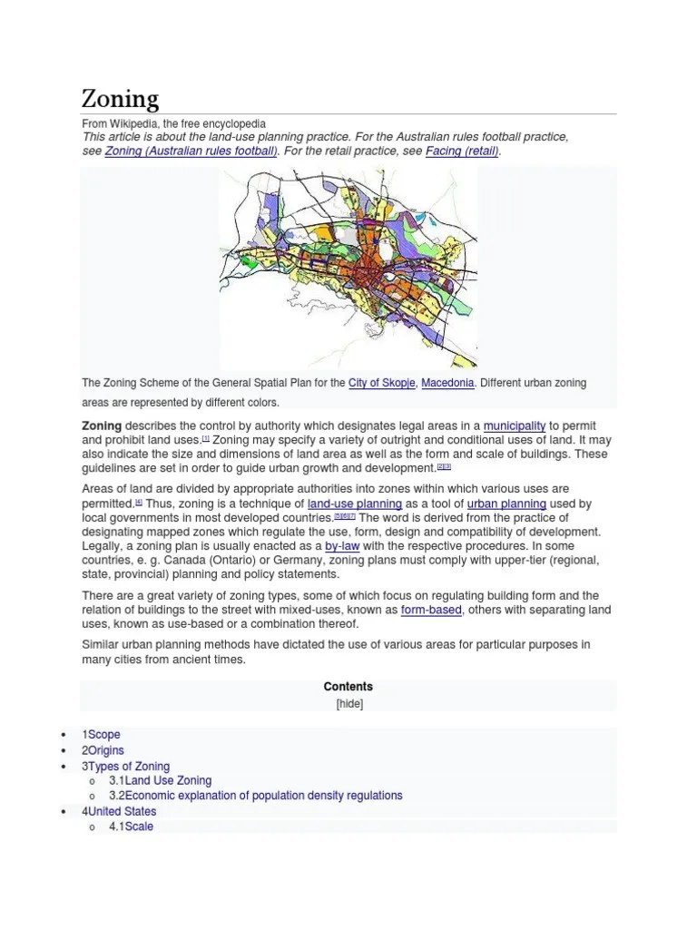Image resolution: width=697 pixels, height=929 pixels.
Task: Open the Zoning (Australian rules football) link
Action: [x=191, y=151]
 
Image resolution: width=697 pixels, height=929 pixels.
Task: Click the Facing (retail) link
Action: [x=462, y=151]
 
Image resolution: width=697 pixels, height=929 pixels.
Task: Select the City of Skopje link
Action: [x=381, y=383]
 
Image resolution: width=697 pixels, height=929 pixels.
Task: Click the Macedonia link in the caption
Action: [x=447, y=383]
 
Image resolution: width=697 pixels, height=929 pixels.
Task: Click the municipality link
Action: [x=515, y=425]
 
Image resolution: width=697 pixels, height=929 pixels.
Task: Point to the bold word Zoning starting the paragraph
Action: [x=102, y=425]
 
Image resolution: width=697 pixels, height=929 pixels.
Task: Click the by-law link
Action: [x=343, y=546]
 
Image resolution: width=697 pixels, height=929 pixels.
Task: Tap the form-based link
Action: [x=431, y=610]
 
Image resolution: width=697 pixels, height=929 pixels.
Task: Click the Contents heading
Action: [x=348, y=687]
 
